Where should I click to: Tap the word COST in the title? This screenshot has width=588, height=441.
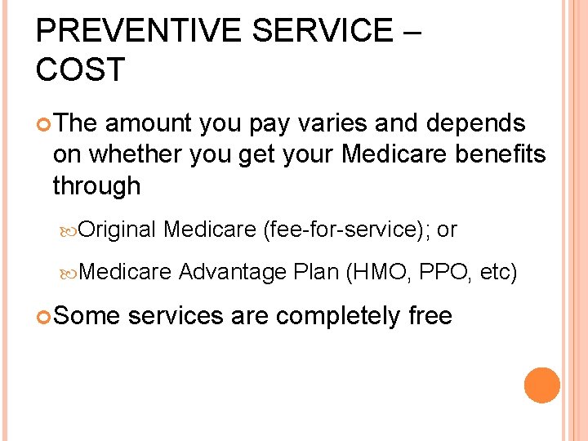(x=80, y=69)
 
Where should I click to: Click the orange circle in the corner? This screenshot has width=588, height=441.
(x=542, y=385)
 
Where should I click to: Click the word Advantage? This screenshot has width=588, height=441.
(x=232, y=272)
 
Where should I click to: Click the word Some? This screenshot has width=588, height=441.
(x=86, y=315)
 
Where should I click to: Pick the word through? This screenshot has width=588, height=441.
(x=96, y=186)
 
